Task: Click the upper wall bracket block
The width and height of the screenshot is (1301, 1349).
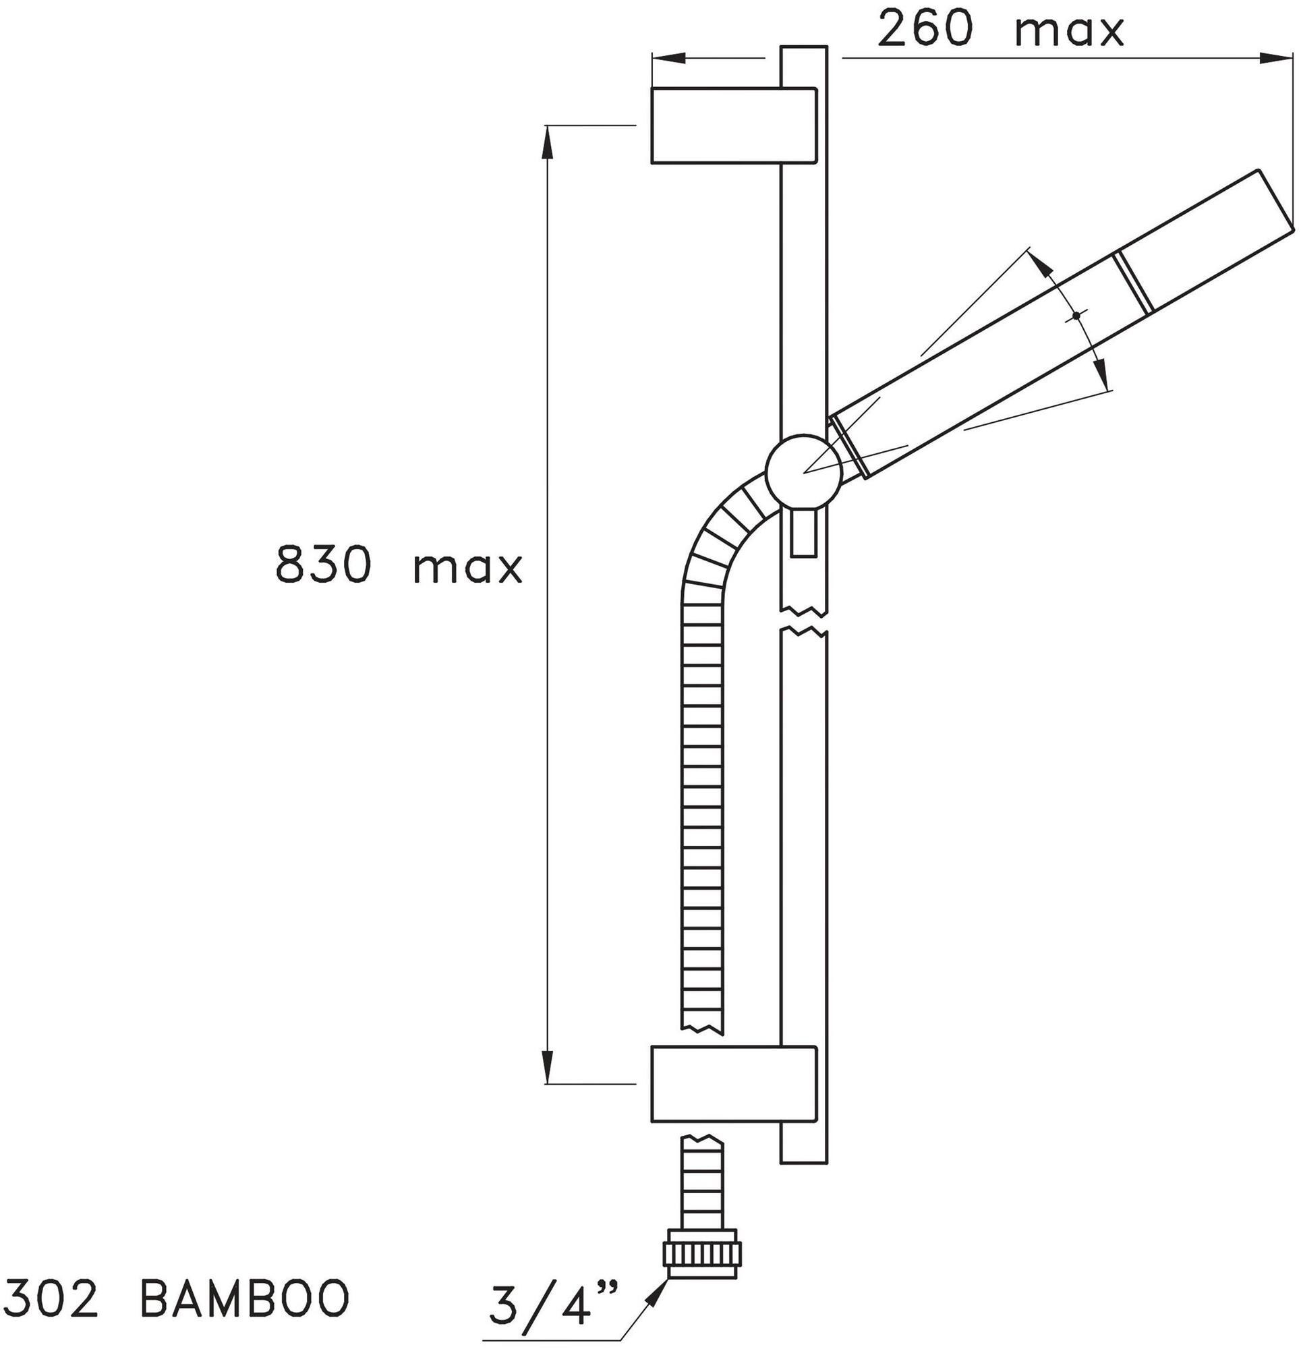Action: click(x=733, y=125)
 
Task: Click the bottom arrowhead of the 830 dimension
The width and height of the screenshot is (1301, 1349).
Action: click(x=548, y=1070)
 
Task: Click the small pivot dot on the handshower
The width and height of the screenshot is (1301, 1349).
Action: click(x=1075, y=316)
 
